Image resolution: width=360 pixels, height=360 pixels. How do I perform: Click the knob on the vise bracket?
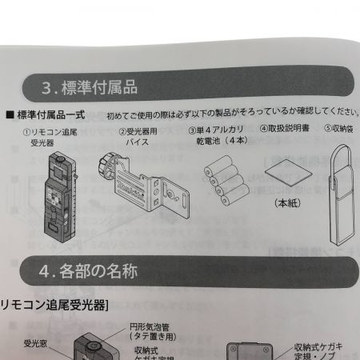(x=104, y=169)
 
